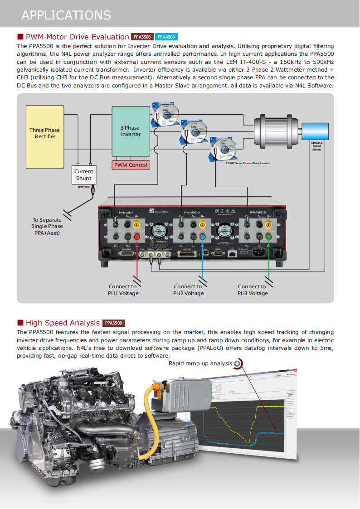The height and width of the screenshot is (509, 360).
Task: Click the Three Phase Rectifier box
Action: tap(44, 133)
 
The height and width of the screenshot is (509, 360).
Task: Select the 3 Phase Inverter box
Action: tap(131, 131)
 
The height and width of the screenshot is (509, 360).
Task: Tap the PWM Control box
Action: tap(131, 165)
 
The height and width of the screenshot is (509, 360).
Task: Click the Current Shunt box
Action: tap(83, 175)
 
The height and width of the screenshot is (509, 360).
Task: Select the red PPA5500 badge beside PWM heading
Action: tap(142, 37)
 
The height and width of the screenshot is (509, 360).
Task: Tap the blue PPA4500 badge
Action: tap(166, 37)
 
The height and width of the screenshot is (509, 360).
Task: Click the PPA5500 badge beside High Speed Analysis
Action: tap(114, 323)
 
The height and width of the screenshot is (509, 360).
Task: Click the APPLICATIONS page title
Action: tap(66, 15)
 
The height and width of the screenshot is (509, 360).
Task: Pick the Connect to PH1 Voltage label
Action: tap(123, 290)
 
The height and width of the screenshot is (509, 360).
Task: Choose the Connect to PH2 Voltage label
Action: tap(188, 290)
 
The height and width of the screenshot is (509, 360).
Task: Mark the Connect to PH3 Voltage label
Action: tap(252, 290)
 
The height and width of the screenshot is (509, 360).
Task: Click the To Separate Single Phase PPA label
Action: tap(47, 226)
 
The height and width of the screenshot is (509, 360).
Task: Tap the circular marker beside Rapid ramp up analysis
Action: tap(238, 364)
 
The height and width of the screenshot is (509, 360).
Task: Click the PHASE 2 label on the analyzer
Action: tap(191, 212)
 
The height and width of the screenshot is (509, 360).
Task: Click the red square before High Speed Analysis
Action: tap(20, 323)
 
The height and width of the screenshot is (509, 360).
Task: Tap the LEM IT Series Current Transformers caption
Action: tap(248, 163)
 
